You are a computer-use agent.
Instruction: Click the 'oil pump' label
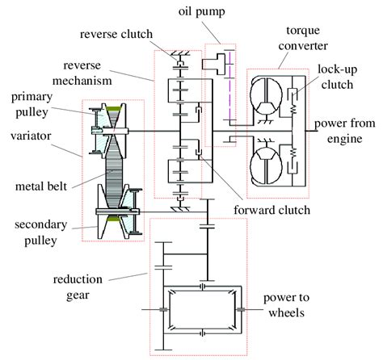201,12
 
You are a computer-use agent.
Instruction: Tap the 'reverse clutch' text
116,34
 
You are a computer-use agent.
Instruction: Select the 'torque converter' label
303,38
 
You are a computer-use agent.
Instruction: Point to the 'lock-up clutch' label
338,77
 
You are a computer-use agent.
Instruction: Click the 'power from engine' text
345,131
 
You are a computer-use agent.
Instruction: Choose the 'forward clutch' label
271,210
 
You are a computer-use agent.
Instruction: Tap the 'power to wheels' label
286,305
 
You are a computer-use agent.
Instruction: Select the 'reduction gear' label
78,287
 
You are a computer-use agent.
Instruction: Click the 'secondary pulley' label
40,232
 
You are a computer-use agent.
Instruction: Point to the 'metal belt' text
41,186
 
